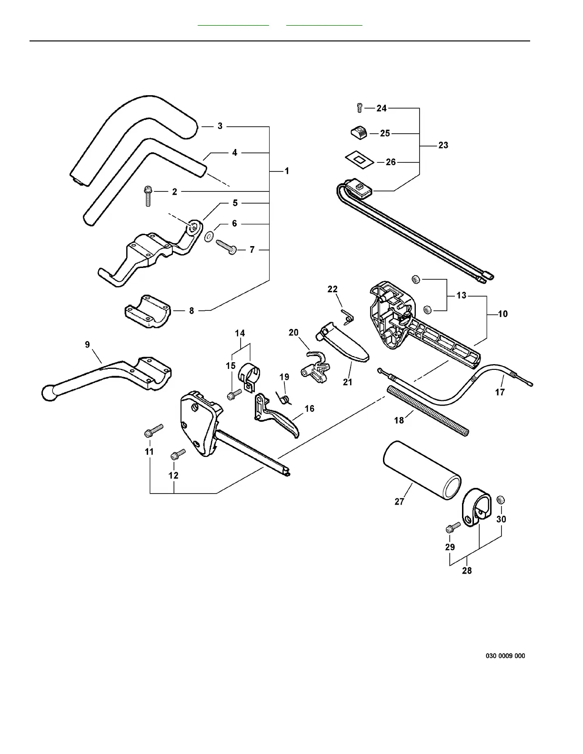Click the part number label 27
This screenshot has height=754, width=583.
pos(399,501)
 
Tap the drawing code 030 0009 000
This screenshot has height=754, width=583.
pos(505,656)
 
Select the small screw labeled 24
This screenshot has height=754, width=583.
pos(360,108)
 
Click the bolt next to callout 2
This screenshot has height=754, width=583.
pos(148,196)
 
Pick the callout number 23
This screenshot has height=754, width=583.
pos(443,145)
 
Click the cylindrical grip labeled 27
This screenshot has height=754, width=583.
pos(422,470)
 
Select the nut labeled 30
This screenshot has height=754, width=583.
pos(501,499)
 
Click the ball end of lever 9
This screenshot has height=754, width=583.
pos(48,392)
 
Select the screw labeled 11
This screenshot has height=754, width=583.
pos(153,430)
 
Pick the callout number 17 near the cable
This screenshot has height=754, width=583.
pos(500,392)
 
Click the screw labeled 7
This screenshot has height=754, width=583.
pos(227,246)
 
